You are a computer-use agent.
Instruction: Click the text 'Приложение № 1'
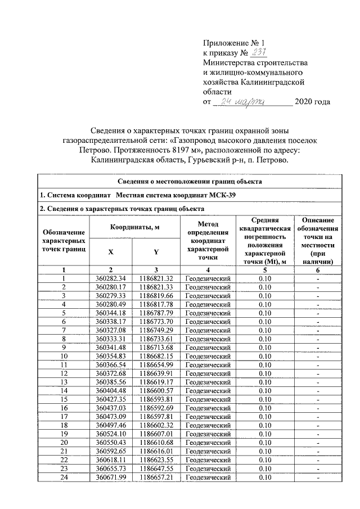pyautogui.click(x=233, y=42)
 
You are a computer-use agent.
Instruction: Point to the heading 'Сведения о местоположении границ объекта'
pyautogui.click(x=190, y=182)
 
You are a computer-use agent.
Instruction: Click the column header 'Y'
pyautogui.click(x=156, y=252)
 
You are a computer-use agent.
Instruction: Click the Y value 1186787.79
pyautogui.click(x=156, y=313)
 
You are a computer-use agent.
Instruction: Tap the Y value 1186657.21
pyautogui.click(x=156, y=477)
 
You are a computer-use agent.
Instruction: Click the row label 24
pyautogui.click(x=64, y=477)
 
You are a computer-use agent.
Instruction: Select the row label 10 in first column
pyautogui.click(x=64, y=356)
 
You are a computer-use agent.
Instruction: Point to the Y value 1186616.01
pyautogui.click(x=156, y=451)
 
